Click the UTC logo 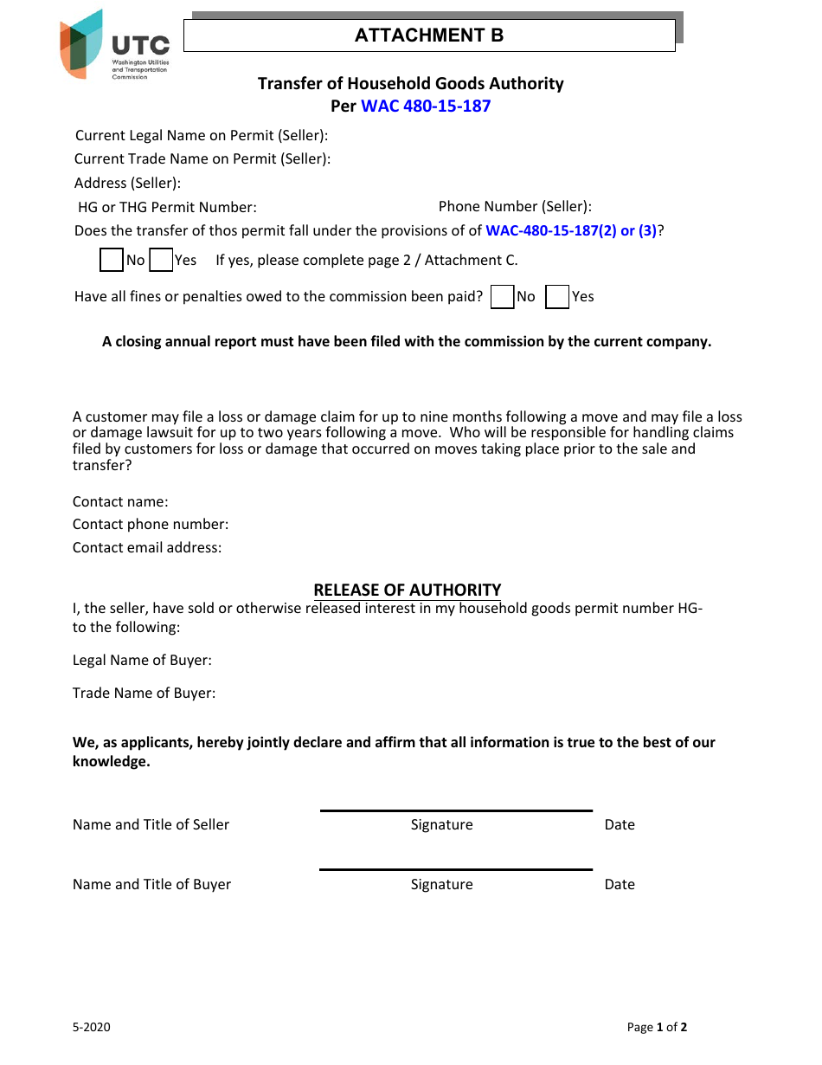point(113,45)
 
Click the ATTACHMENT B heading point(428,35)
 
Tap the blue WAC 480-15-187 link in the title point(426,106)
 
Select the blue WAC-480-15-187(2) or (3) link point(571,231)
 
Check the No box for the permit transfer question point(112,260)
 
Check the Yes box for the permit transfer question point(161,260)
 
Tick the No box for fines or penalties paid point(502,297)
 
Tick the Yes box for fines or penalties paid point(558,297)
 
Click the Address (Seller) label point(127,183)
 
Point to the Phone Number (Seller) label point(515,206)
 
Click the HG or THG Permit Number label point(167,207)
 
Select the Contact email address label point(147,547)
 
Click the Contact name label point(120,502)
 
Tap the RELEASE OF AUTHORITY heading point(407,590)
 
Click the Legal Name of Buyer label point(142,661)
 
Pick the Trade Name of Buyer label point(144,694)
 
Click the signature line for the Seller point(456,811)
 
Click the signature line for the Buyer point(456,870)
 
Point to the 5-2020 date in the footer point(92,1028)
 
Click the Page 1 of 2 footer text point(657,1028)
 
